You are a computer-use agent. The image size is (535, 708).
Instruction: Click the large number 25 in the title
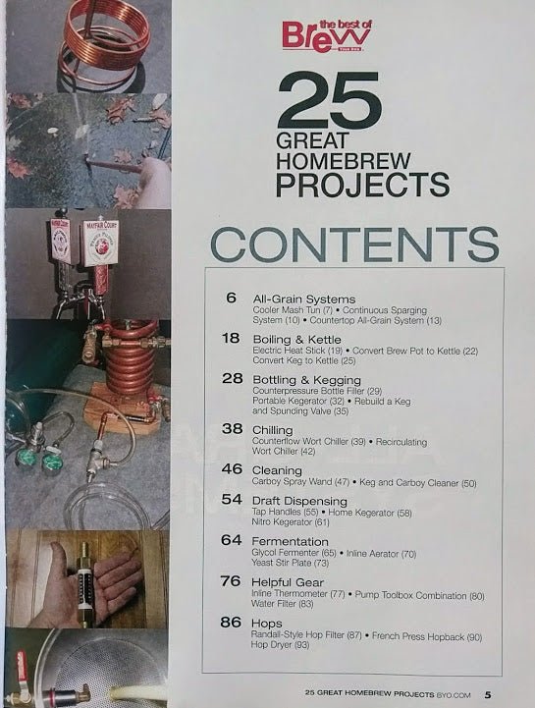click(328, 102)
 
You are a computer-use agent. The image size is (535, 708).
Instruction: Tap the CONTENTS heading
click(356, 245)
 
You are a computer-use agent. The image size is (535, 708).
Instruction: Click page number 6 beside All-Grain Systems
click(232, 299)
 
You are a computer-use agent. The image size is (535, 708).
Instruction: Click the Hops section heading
click(268, 624)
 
